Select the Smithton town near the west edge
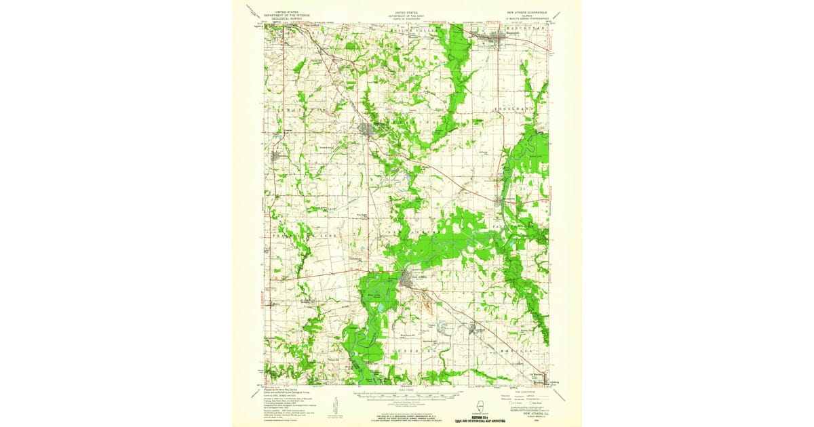pos(277,157)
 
